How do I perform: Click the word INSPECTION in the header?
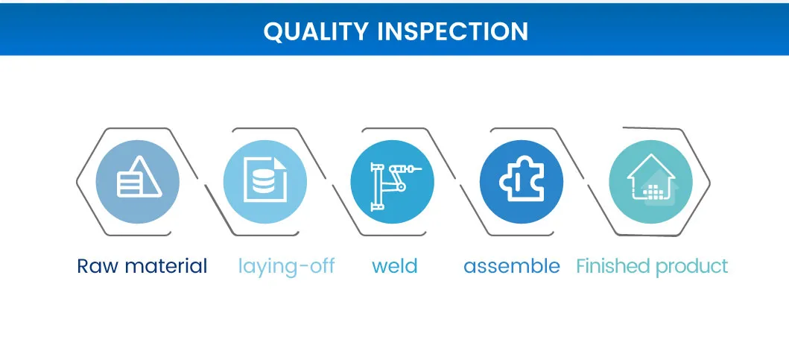tap(452, 31)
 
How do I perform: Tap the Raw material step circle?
tap(137, 182)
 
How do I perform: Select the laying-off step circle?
tap(265, 182)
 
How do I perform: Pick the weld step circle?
tap(393, 182)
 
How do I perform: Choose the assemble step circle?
tap(522, 182)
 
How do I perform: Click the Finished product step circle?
tap(651, 182)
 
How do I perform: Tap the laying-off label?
tap(286, 267)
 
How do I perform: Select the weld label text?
tap(395, 266)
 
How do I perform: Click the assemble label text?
tap(512, 266)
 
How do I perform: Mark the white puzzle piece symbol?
tap(522, 178)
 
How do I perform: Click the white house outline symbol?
tap(650, 177)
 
